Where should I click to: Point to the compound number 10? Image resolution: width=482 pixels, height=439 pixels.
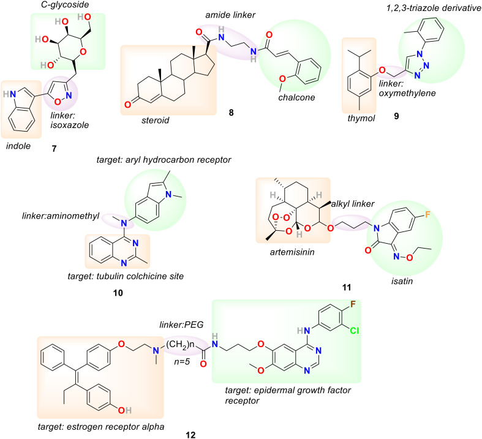tap(118, 293)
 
